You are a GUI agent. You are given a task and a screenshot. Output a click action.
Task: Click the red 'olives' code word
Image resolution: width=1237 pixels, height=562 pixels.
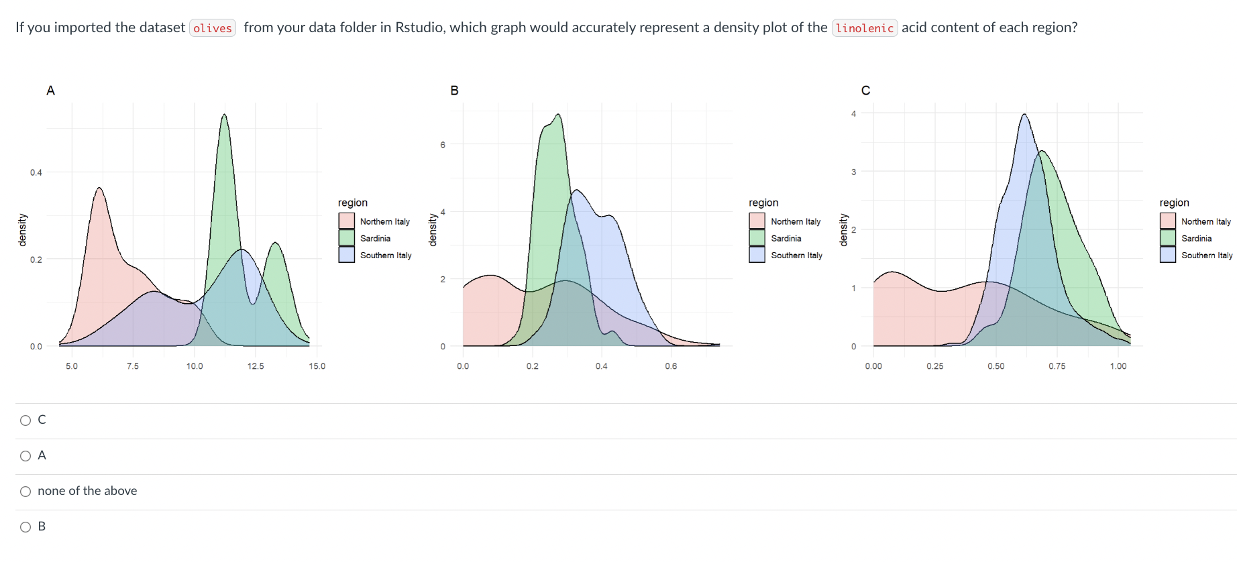[213, 28]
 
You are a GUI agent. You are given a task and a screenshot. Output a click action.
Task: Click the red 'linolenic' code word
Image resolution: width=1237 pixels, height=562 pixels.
[864, 28]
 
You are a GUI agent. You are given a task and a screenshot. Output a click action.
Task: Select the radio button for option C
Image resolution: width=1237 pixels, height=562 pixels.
[25, 420]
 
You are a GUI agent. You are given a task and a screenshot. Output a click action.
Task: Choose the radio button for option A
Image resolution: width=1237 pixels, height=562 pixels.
[25, 456]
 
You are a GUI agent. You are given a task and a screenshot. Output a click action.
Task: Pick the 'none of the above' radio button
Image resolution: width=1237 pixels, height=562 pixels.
[25, 492]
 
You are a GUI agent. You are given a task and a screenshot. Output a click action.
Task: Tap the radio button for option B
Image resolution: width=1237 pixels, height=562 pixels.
[25, 527]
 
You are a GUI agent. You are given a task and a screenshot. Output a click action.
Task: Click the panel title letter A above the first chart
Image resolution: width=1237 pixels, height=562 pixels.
[50, 91]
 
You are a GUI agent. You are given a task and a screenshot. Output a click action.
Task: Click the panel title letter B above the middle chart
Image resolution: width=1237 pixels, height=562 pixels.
[454, 91]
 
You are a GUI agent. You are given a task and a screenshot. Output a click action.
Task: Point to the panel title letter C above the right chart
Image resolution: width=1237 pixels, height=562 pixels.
[865, 91]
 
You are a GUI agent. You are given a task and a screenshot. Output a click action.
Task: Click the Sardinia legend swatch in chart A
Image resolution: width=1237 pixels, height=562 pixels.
[347, 238]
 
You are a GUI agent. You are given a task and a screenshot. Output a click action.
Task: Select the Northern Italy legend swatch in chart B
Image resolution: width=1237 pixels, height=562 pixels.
[757, 221]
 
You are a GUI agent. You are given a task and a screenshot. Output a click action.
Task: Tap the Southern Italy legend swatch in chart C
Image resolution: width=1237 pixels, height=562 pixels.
[1168, 255]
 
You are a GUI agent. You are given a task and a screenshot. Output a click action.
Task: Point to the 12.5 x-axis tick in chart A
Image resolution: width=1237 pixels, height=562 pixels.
[256, 366]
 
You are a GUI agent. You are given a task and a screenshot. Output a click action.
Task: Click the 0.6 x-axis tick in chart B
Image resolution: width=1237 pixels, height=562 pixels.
[671, 366]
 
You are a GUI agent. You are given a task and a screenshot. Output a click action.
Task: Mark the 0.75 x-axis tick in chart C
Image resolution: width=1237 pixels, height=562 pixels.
[1057, 366]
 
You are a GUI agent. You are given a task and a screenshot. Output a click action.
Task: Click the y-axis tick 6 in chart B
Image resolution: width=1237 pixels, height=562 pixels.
[443, 144]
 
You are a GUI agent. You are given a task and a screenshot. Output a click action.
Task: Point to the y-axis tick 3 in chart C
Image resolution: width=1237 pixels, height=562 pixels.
[853, 172]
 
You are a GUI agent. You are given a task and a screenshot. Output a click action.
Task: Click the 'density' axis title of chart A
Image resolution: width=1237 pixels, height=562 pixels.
[22, 230]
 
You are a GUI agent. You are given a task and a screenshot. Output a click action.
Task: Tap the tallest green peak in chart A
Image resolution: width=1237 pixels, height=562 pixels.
[224, 116]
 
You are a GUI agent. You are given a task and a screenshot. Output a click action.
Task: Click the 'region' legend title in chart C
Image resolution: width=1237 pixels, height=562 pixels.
[1174, 203]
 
